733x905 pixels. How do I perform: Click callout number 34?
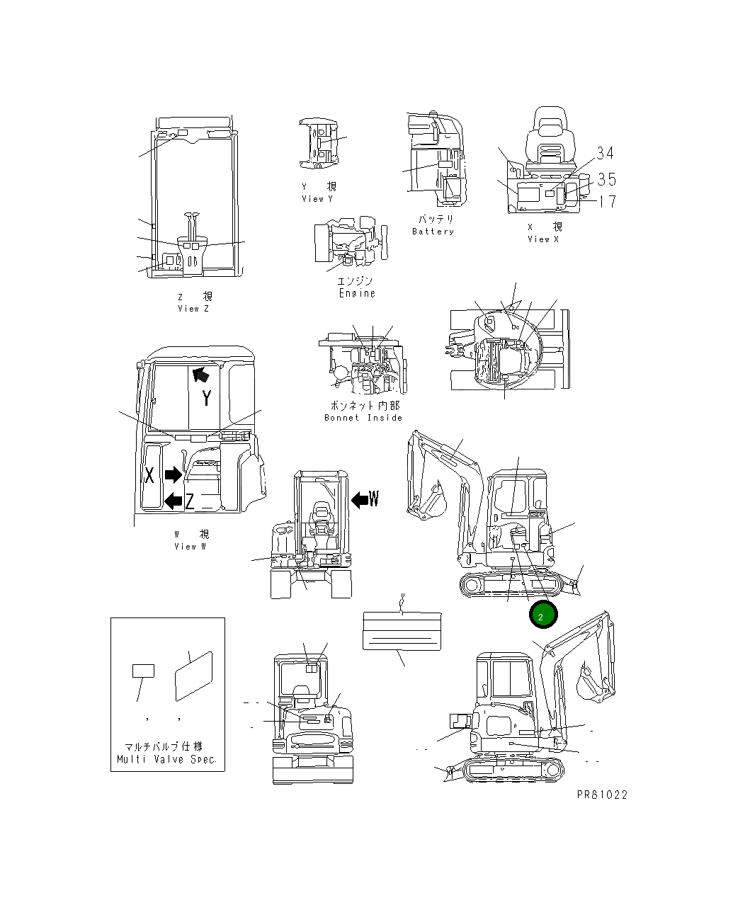(x=605, y=153)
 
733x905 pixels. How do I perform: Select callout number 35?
(x=606, y=179)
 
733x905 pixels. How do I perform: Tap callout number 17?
(x=608, y=202)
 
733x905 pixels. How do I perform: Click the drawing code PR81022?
(x=602, y=795)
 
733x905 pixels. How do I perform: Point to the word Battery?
(x=433, y=232)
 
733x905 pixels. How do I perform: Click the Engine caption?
(x=357, y=293)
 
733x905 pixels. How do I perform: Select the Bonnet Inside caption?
(x=363, y=418)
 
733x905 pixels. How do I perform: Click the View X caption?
(x=543, y=239)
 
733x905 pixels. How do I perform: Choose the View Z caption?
(x=193, y=309)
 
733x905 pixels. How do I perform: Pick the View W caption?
(x=191, y=546)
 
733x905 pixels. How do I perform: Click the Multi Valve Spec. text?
(x=168, y=759)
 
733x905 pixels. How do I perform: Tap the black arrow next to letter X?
(x=173, y=474)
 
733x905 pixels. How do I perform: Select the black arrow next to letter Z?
(x=172, y=501)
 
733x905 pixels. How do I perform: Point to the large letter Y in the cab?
(x=206, y=398)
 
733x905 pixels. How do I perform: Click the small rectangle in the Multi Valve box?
(x=144, y=671)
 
